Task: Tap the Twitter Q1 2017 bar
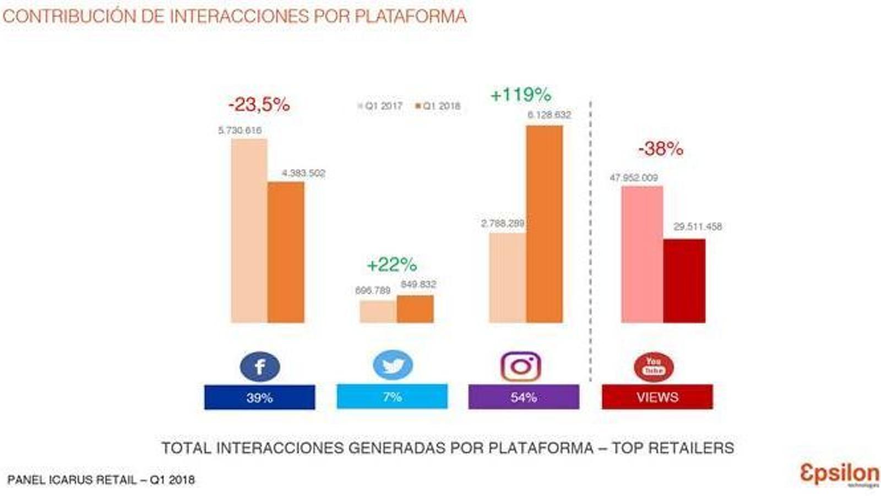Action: coord(378,311)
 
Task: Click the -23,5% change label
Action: coord(259,104)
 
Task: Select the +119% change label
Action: coord(520,95)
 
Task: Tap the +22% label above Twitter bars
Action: coord(391,265)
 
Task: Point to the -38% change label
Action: coord(660,148)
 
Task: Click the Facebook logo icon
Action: coord(260,366)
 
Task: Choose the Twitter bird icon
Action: coord(393,365)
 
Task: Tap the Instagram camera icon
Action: coord(521,366)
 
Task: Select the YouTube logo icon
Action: coord(654,366)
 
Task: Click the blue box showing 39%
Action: coord(259,397)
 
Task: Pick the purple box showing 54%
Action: coord(524,397)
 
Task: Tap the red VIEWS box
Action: coord(657,397)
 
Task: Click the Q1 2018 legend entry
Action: coord(438,106)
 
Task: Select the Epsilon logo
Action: coord(839,474)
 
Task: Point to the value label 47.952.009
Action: coord(633,178)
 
